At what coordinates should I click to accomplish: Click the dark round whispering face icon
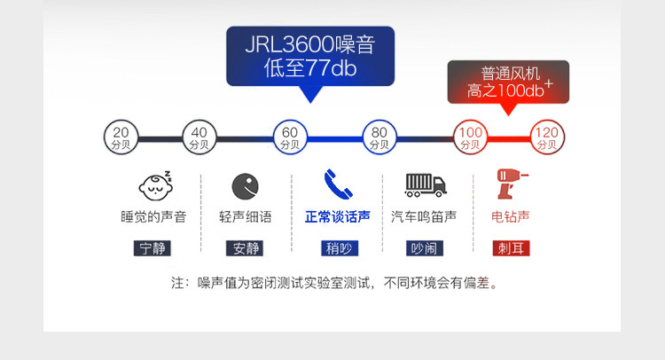[x=245, y=186]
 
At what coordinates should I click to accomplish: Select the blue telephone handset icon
[x=337, y=184]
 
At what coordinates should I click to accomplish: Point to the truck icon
[x=426, y=184]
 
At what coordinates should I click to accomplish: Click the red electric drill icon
[x=512, y=184]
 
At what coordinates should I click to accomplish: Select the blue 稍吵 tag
[x=337, y=247]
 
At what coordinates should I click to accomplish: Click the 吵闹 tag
[x=425, y=247]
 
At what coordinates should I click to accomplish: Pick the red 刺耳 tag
[x=512, y=247]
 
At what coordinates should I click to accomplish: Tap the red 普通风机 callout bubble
[x=507, y=82]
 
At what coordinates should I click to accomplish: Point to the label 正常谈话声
[x=337, y=216]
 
